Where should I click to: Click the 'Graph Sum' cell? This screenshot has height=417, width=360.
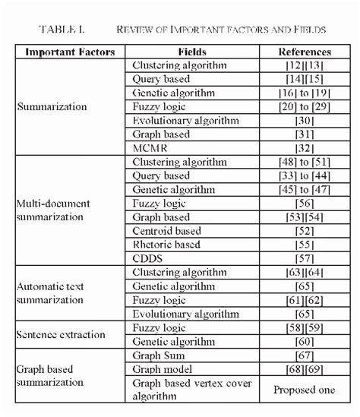point(159,354)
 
